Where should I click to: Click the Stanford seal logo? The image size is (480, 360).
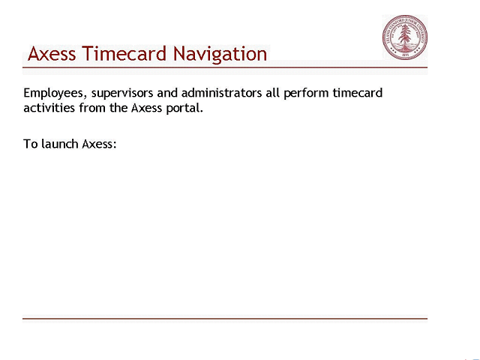tap(404, 37)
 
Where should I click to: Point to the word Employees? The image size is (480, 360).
tap(52, 94)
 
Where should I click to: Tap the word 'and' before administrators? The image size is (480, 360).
tap(167, 94)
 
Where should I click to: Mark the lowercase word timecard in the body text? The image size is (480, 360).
tap(357, 94)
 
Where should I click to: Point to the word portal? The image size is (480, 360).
tap(184, 108)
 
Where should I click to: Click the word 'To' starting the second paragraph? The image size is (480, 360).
tap(30, 143)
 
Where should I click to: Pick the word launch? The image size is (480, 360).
tap(59, 143)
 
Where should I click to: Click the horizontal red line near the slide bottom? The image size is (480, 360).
tap(225, 319)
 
